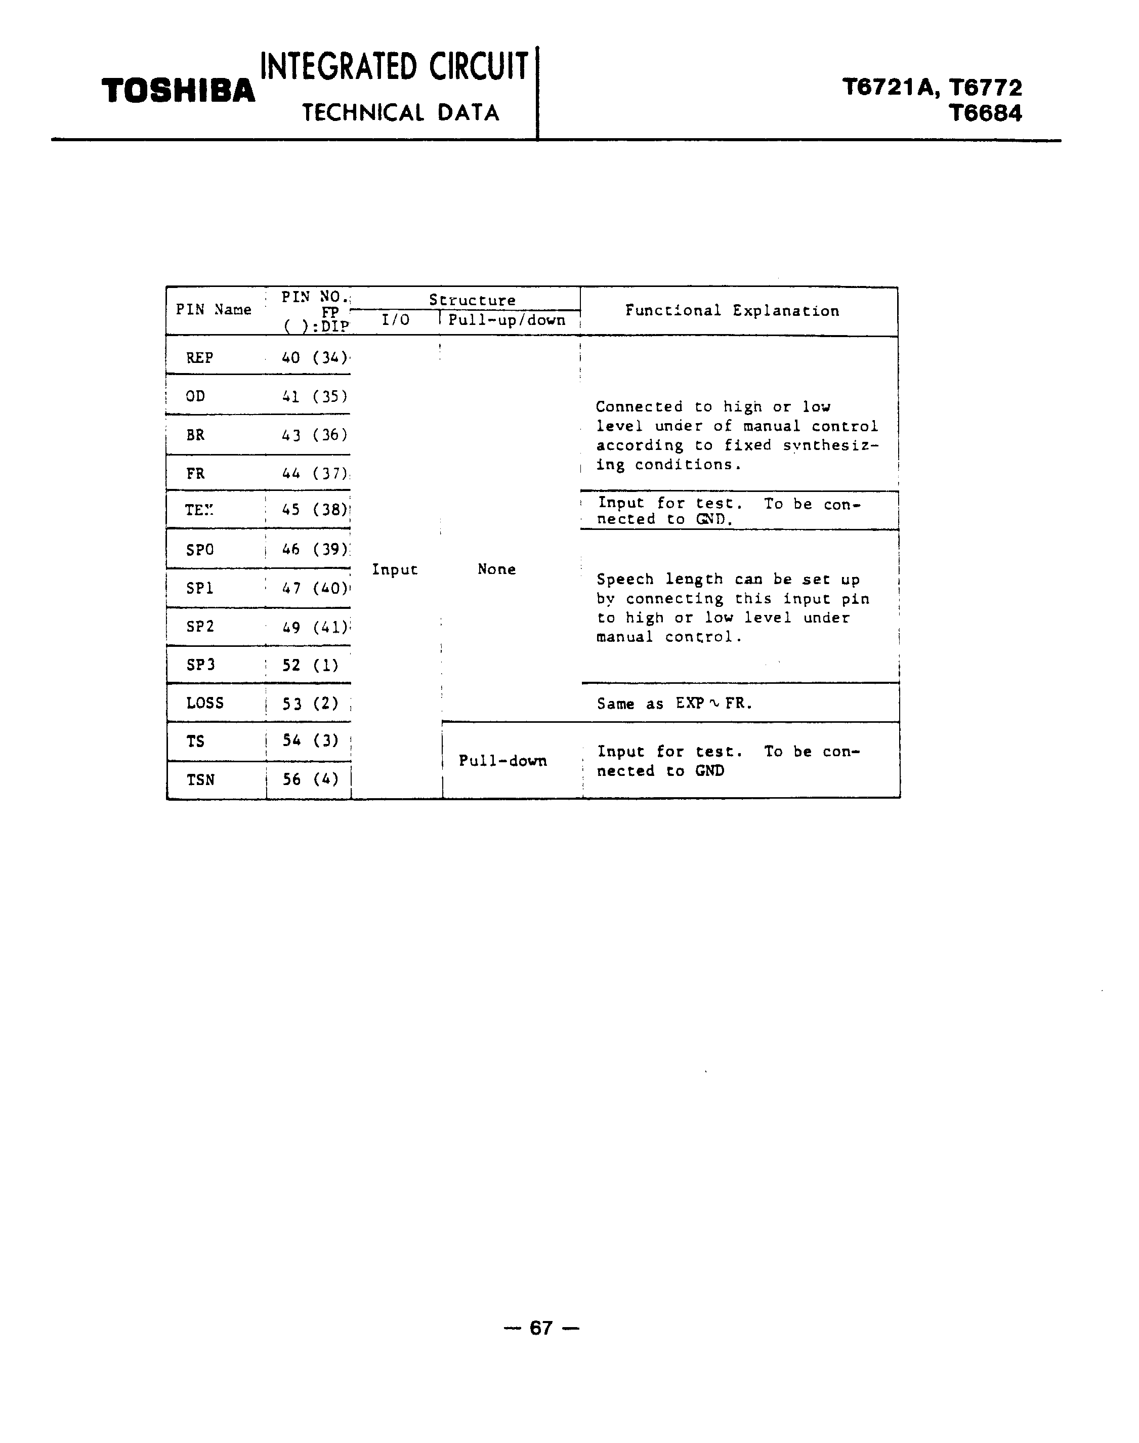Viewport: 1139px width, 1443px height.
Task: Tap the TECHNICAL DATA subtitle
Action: [x=400, y=113]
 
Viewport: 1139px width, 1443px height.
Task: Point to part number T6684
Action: [x=985, y=113]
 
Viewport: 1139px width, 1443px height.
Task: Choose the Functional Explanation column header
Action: [x=732, y=311]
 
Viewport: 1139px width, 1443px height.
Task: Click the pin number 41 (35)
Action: [x=314, y=397]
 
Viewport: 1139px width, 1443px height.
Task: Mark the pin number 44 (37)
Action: [x=314, y=474]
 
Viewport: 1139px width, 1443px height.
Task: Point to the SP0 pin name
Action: [x=199, y=550]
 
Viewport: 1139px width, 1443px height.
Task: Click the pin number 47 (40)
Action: [x=314, y=589]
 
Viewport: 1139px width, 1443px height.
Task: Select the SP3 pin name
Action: [x=200, y=665]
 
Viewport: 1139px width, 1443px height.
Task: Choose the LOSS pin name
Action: [x=205, y=703]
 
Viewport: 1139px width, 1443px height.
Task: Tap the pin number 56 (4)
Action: [x=310, y=780]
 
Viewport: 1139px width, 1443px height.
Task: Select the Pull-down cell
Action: [x=502, y=761]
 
